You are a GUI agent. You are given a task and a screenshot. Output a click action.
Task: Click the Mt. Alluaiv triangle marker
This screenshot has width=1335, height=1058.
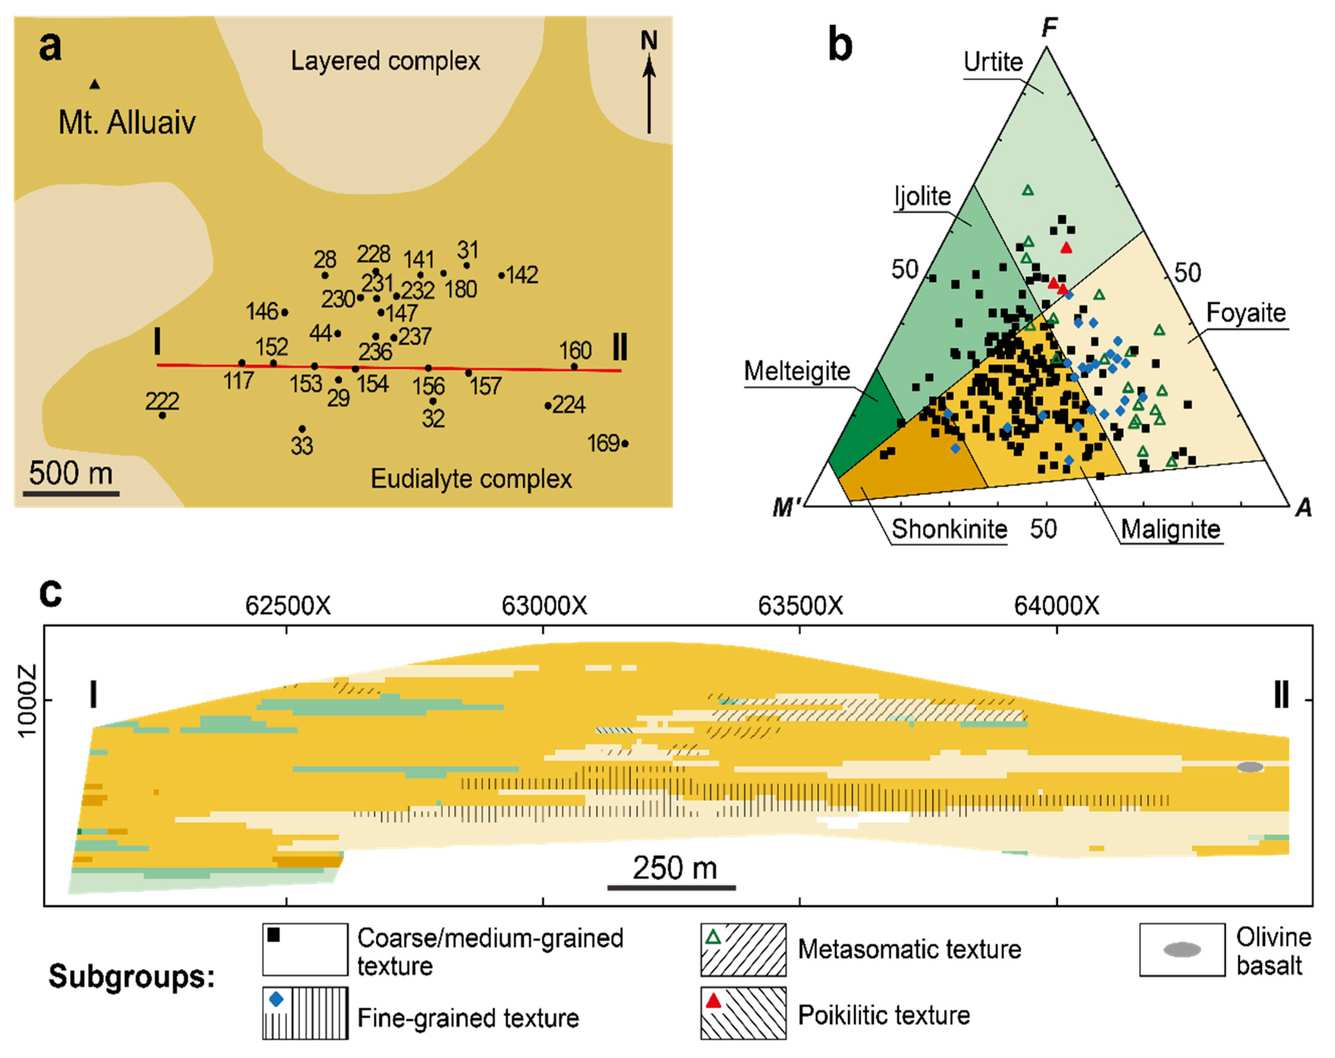point(95,84)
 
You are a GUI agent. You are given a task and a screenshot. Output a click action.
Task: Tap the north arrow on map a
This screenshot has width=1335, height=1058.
point(649,93)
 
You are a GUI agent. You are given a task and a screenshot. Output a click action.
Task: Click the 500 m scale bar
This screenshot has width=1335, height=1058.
point(71,493)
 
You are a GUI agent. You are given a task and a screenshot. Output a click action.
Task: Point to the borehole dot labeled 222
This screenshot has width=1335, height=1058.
point(162,415)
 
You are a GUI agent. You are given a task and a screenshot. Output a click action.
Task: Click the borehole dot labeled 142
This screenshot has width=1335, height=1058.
point(501,275)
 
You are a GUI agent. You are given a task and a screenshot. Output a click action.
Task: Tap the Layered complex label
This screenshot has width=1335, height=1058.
point(385,61)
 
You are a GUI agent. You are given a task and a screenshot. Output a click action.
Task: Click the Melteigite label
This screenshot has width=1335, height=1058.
point(797,372)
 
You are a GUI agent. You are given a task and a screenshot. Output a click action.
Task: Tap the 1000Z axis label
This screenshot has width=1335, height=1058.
point(28,701)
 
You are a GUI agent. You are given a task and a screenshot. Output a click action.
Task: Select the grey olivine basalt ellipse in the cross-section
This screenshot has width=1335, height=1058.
point(1249,767)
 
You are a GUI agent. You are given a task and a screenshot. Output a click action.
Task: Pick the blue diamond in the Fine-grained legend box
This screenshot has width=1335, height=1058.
point(276,999)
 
